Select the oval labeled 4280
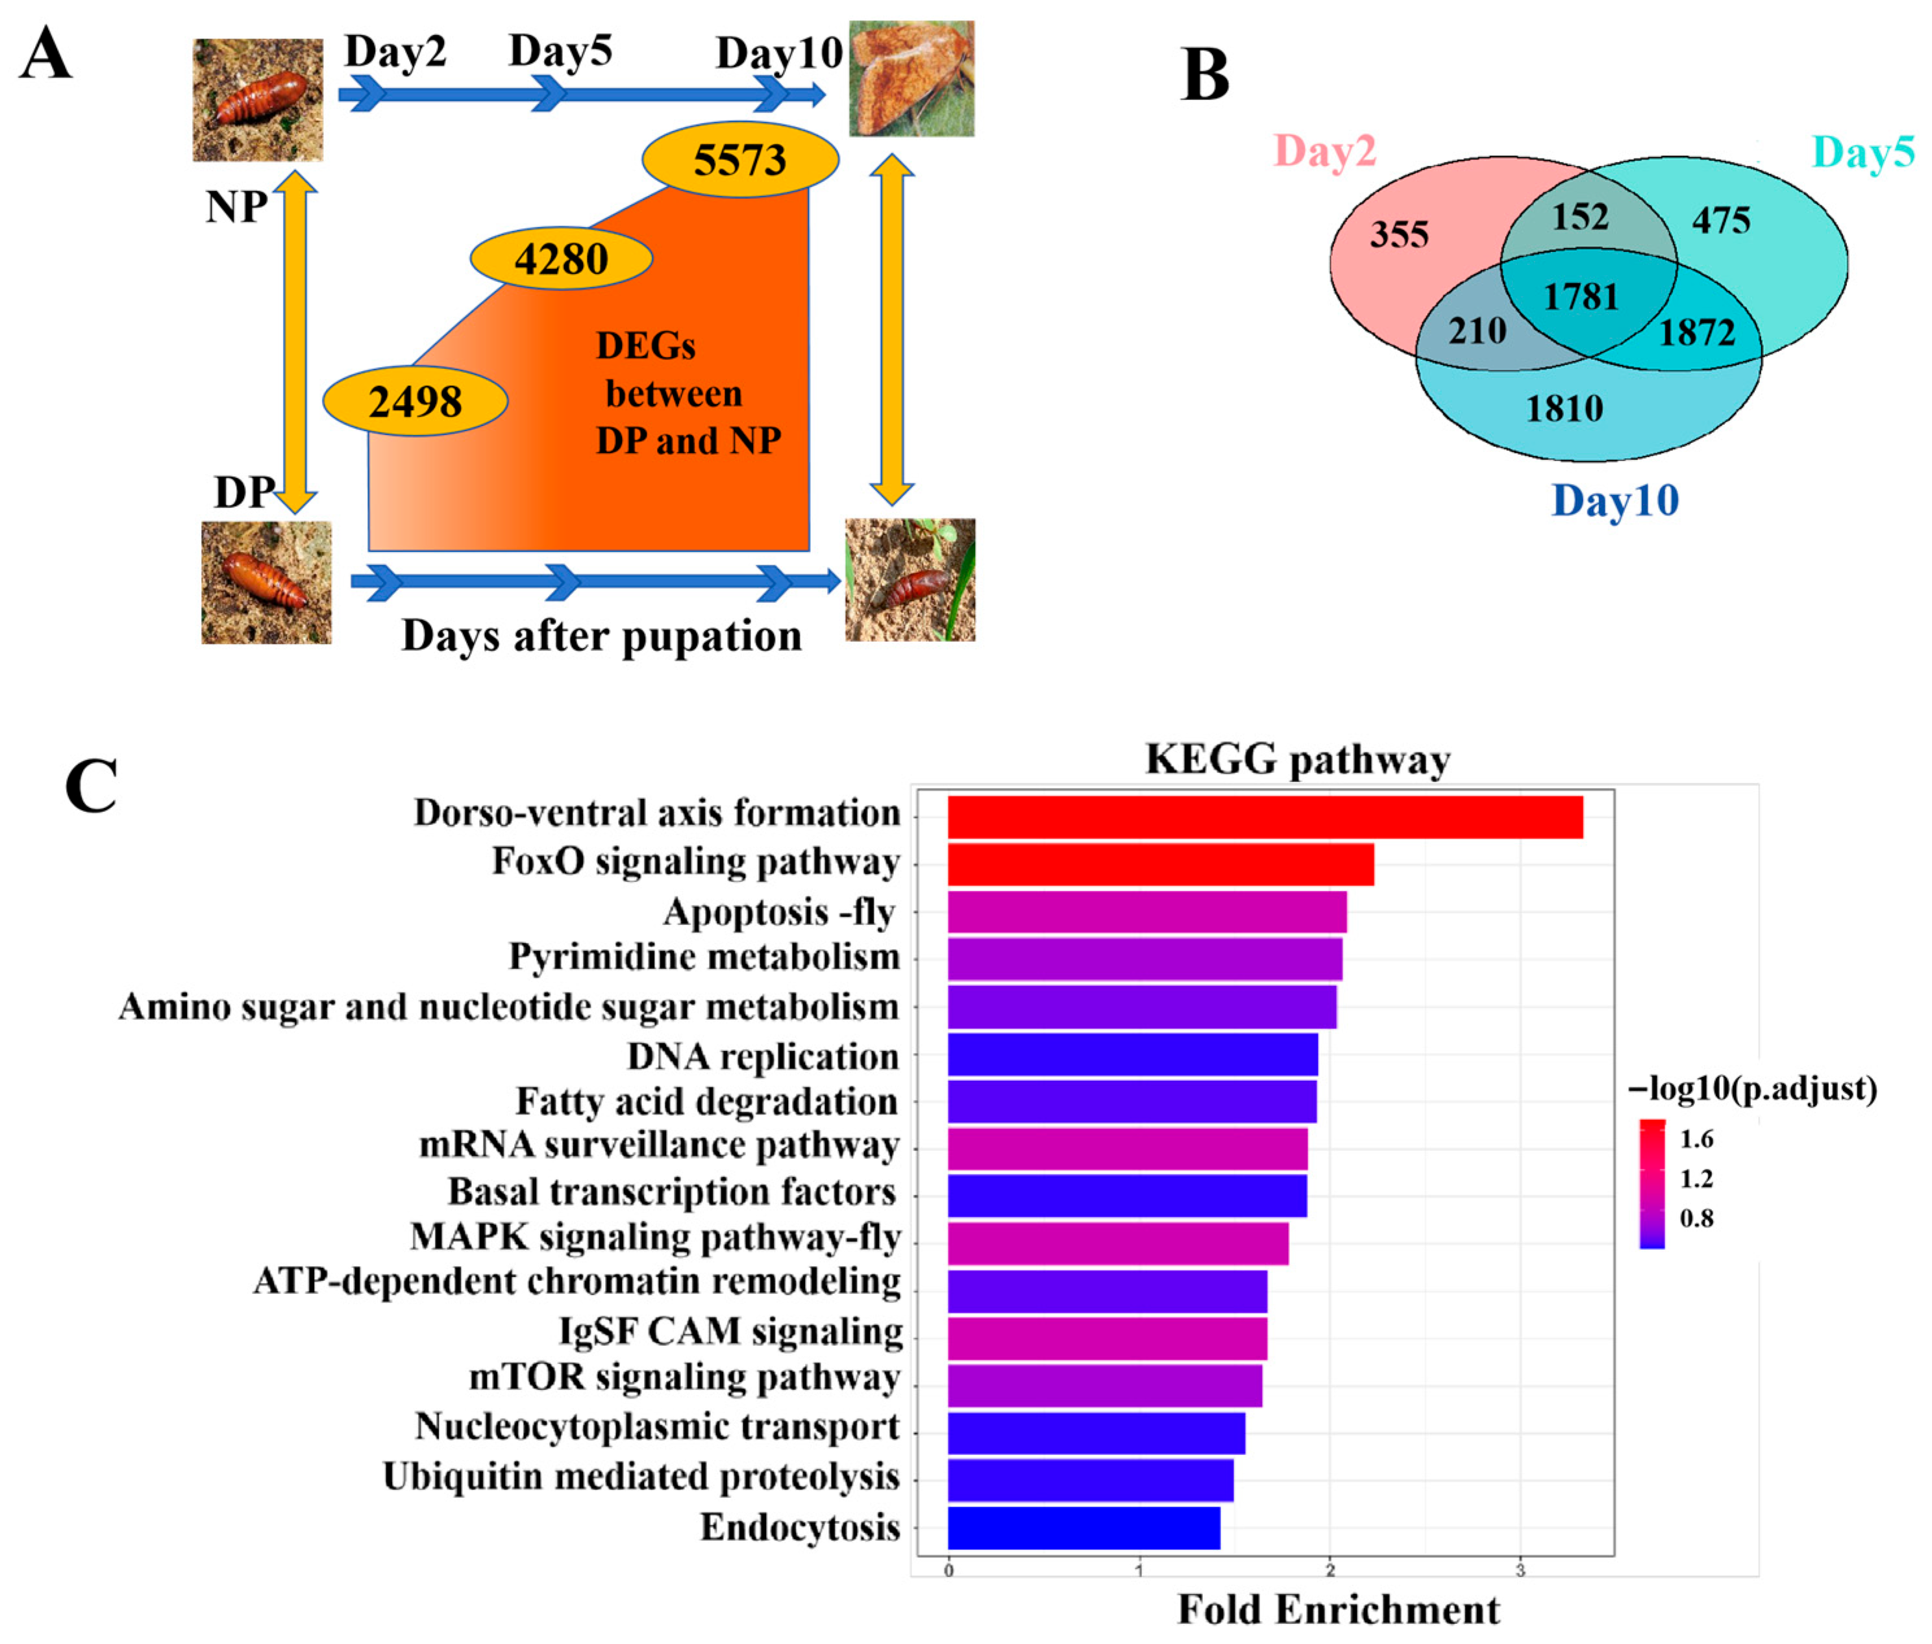pos(561,258)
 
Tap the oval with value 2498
pos(415,401)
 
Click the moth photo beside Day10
pos(911,79)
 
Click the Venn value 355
pos(1398,234)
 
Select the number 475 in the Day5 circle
pos(1720,220)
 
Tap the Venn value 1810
pos(1564,408)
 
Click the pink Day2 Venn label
pos(1324,151)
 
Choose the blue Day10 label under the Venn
pos(1615,500)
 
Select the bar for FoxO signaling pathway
pos(1159,864)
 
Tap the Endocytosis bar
pos(1084,1528)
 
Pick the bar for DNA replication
pos(1132,1054)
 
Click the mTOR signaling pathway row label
pos(684,1378)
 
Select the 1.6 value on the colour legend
pos(1696,1139)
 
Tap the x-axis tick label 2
pos(1330,1571)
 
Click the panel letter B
pos(1204,75)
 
